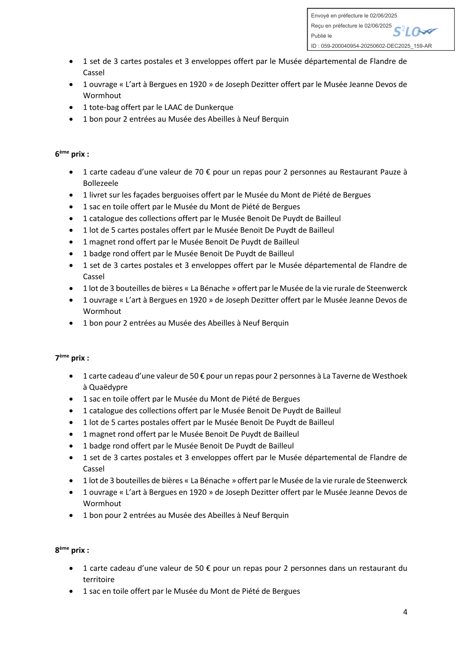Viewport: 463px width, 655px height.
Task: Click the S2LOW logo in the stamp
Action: pyautogui.click(x=415, y=32)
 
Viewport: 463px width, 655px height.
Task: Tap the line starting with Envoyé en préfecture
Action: pyautogui.click(x=354, y=16)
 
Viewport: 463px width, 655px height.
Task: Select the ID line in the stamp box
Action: pyautogui.click(x=371, y=46)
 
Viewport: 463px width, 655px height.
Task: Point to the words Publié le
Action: pyautogui.click(x=321, y=36)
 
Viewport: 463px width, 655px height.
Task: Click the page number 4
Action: pyautogui.click(x=405, y=612)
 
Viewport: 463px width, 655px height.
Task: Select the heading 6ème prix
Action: pyautogui.click(x=72, y=154)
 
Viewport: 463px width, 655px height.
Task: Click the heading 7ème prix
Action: pyautogui.click(x=72, y=358)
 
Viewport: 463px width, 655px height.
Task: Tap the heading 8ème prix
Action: pyautogui.click(x=72, y=550)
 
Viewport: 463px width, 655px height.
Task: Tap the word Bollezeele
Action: pyautogui.click(x=100, y=183)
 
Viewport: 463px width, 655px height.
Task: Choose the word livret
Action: pyautogui.click(x=99, y=195)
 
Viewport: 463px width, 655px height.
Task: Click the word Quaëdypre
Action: pyautogui.click(x=108, y=387)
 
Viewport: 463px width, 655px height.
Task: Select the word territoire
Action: pyautogui.click(x=99, y=580)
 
